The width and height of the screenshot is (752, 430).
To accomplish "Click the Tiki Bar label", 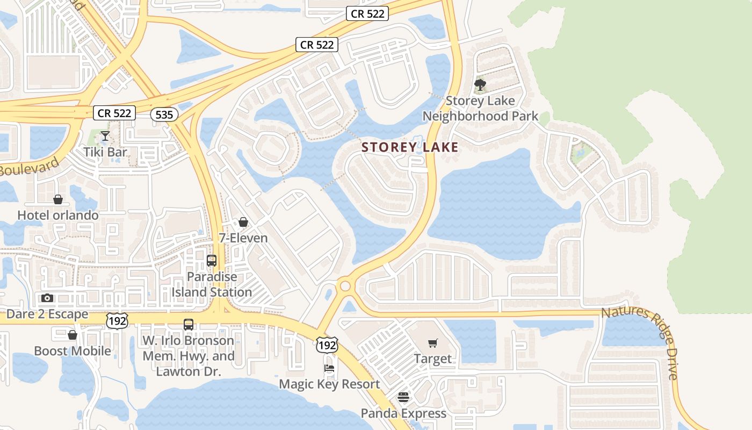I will click(x=105, y=152).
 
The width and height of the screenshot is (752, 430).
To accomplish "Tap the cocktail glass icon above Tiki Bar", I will click(x=105, y=135).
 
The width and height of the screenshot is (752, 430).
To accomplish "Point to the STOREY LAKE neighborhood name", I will click(x=410, y=147).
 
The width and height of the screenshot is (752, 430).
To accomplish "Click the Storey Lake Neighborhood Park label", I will click(x=480, y=109).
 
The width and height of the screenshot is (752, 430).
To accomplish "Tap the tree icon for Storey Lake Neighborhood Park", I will click(x=480, y=85).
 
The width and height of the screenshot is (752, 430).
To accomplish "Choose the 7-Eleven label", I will click(x=243, y=238).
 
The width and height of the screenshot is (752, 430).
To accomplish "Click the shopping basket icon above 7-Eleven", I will click(x=243, y=222).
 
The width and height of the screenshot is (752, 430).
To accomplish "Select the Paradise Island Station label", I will click(x=212, y=284).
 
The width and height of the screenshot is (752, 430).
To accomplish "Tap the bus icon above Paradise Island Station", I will click(x=212, y=261).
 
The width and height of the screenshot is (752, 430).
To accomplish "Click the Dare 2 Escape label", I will click(x=47, y=314).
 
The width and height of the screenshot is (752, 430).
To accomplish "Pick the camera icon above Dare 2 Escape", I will click(x=47, y=298).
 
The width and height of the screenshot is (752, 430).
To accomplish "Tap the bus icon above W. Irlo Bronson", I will click(x=189, y=325).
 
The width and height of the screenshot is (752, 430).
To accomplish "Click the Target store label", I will click(x=432, y=359).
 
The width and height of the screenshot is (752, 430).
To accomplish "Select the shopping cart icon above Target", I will click(x=433, y=343).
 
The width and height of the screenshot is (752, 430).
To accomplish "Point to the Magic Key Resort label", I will click(x=329, y=384).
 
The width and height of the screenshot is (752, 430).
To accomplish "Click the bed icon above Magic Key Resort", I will click(x=329, y=368).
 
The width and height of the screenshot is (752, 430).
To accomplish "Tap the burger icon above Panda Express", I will click(x=403, y=397).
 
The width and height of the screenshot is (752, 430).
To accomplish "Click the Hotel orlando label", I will click(x=58, y=216).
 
